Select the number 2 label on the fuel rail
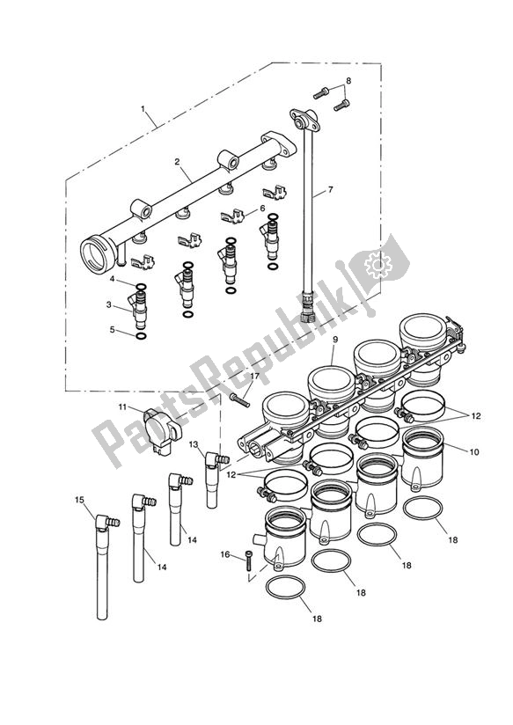click(x=177, y=162)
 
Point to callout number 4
click(x=113, y=279)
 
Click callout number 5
click(x=113, y=330)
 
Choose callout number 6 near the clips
click(x=261, y=209)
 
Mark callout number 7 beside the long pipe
click(x=331, y=189)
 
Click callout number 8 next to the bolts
click(x=348, y=81)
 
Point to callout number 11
click(x=124, y=407)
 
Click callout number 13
click(x=193, y=444)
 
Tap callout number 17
click(x=253, y=377)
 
